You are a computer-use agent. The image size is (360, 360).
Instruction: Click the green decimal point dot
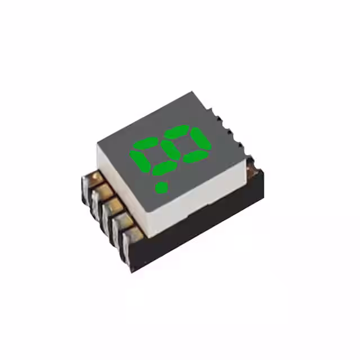161,186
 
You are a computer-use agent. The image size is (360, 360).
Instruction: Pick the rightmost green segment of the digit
200,138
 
